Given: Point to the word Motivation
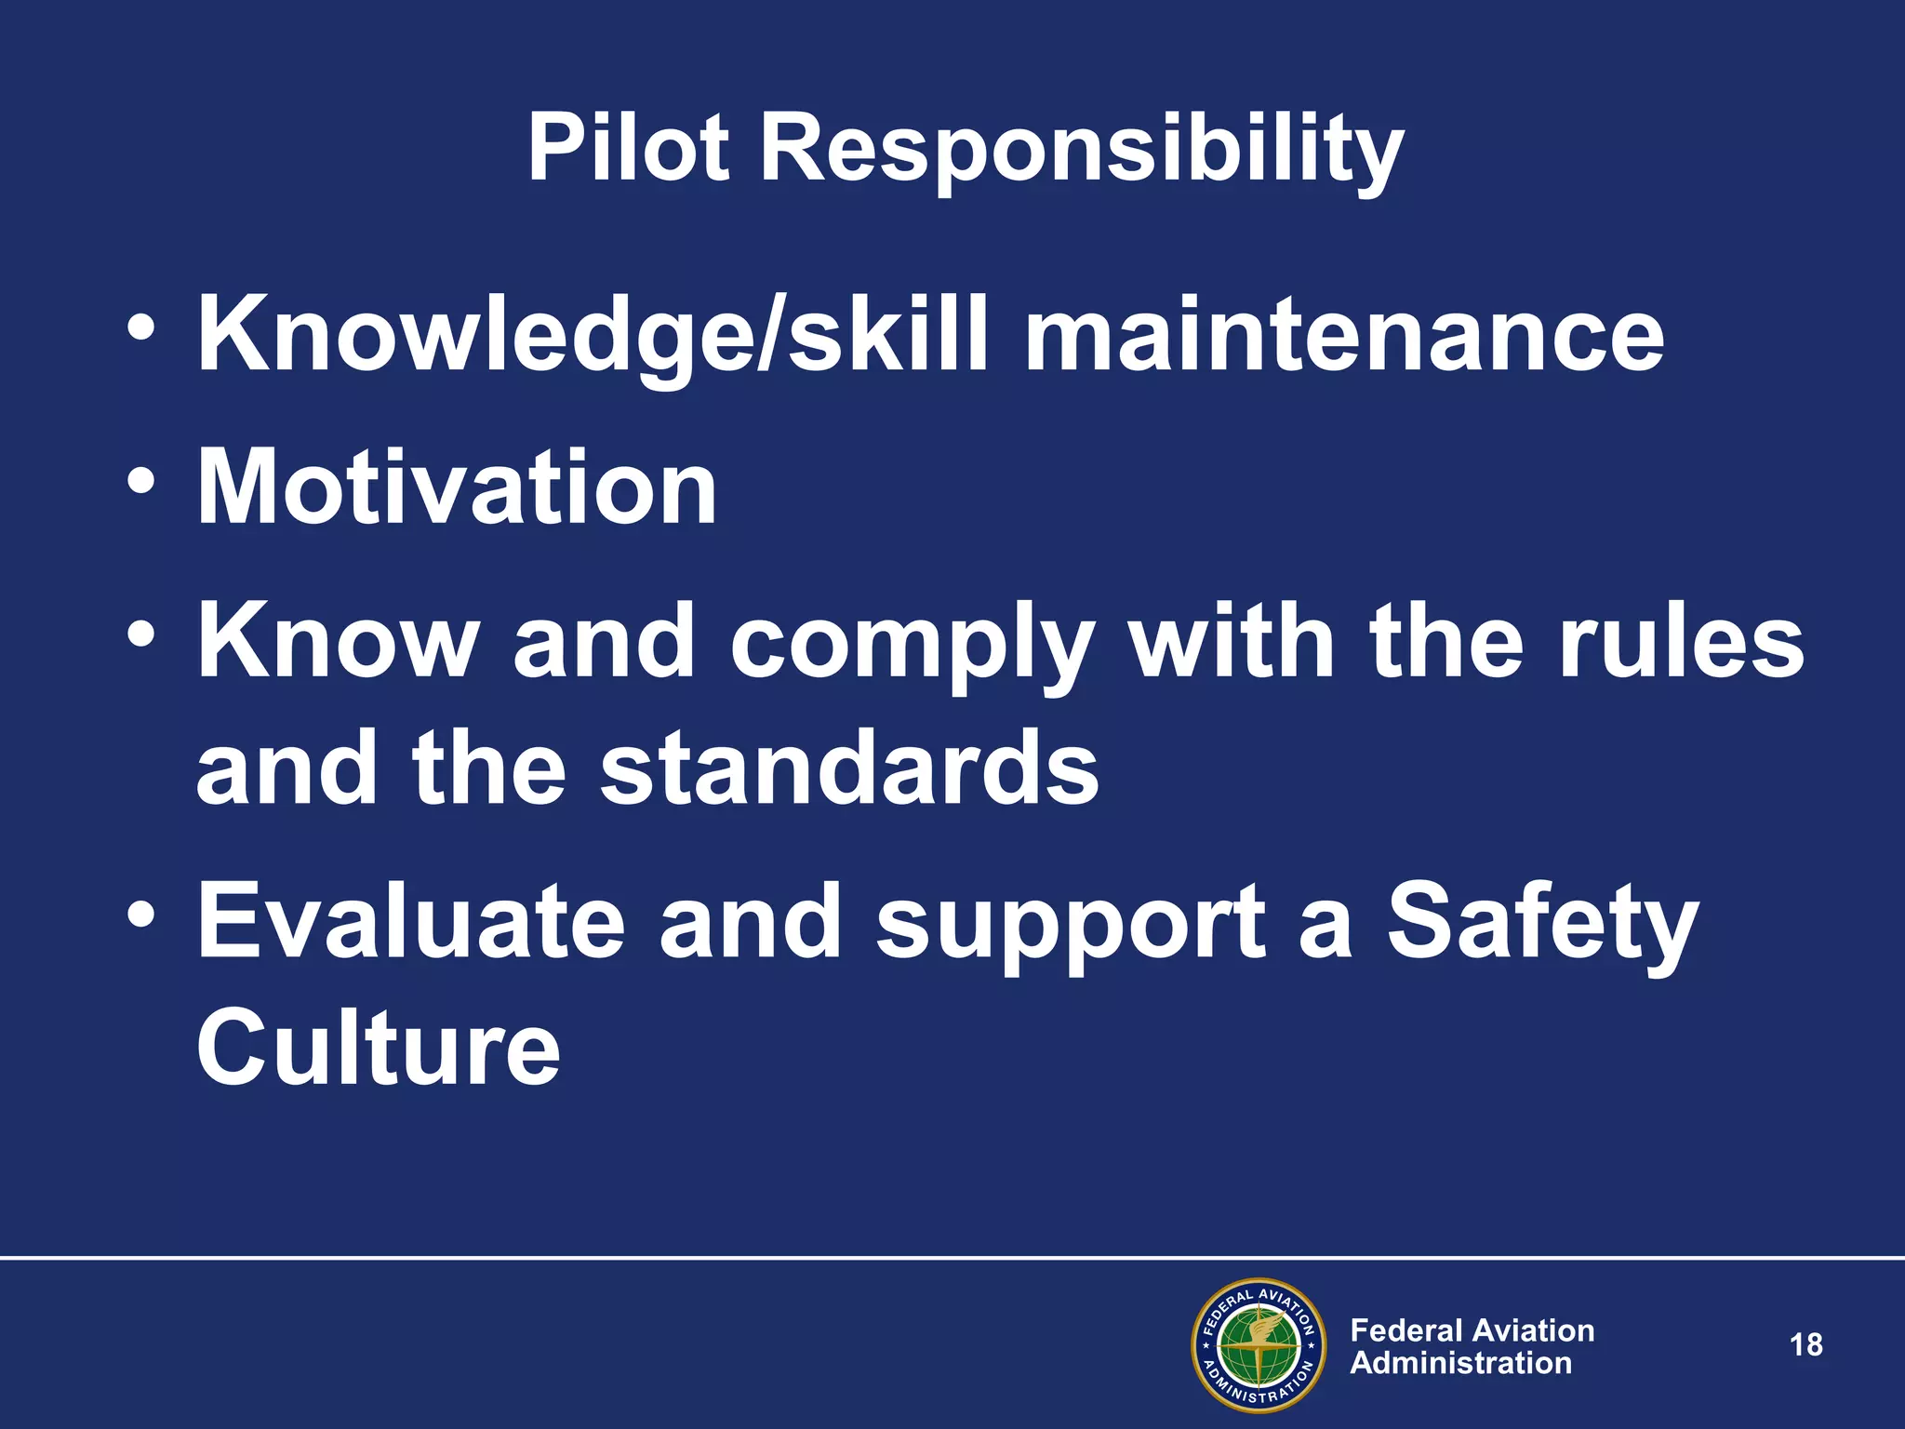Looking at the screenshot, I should pos(457,487).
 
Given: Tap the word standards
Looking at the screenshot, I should pos(849,768).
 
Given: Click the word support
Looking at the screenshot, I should pos(1070,927).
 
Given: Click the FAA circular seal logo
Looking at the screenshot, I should pos(1259,1345).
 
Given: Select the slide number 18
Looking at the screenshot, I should pos(1805,1345).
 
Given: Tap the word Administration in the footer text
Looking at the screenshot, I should pos(1460,1364).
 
